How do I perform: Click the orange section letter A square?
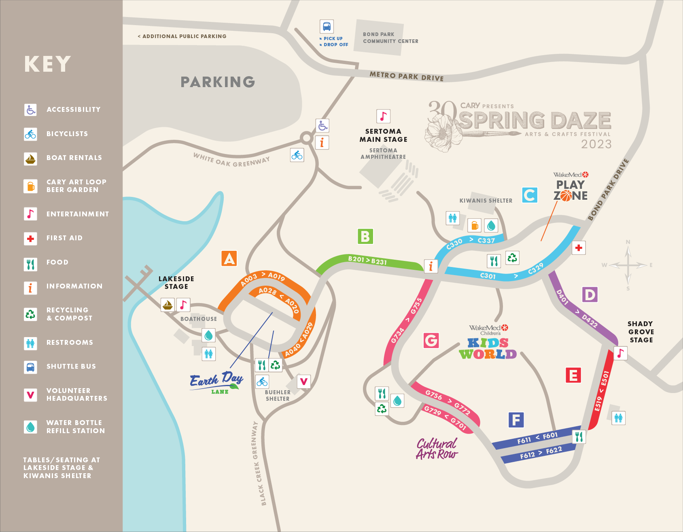[229, 259]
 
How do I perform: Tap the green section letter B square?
[365, 236]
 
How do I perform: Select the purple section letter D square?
[590, 295]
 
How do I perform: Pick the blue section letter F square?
[516, 420]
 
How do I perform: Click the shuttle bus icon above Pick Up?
[327, 27]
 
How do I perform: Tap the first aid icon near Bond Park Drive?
[579, 248]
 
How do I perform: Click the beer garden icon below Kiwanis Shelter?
[475, 225]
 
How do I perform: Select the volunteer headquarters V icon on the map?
[303, 381]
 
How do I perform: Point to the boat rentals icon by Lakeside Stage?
[168, 305]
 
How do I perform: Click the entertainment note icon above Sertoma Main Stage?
[383, 116]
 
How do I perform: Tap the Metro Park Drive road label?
[406, 76]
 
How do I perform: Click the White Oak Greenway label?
[231, 160]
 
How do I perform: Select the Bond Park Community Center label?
[390, 38]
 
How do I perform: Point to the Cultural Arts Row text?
[437, 449]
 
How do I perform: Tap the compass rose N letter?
[628, 242]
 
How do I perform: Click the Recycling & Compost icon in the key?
[30, 314]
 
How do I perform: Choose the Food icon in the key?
[30, 264]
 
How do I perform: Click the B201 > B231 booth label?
[367, 260]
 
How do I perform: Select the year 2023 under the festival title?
[596, 144]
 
